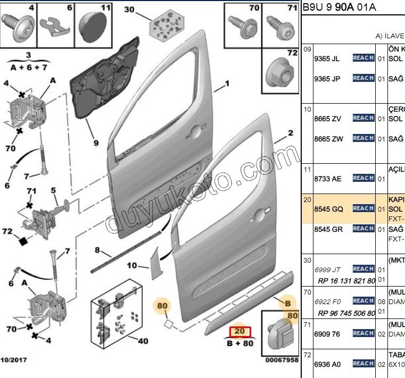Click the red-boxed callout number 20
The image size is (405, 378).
tap(239, 331)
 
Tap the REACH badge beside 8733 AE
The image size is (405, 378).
tap(363, 178)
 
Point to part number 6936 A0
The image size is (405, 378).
tap(327, 364)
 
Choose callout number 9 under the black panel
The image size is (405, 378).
tap(96, 143)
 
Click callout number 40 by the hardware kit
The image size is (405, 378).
tap(143, 341)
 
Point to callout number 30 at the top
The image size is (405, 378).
tap(129, 10)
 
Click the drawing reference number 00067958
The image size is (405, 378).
tap(282, 360)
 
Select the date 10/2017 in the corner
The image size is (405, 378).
tap(15, 360)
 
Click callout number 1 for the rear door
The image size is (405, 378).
tap(227, 83)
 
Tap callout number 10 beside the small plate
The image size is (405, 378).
tap(131, 265)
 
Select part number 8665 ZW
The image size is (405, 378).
tap(328, 139)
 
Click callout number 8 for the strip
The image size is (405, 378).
tap(97, 250)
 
